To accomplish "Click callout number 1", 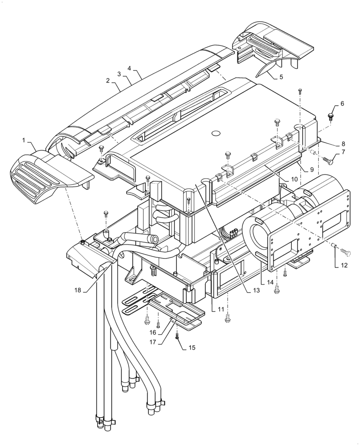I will pyautogui.click(x=24, y=140).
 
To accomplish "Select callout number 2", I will pyautogui.click(x=108, y=81).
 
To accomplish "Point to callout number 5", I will pyautogui.click(x=281, y=77).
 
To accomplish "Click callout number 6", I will pyautogui.click(x=342, y=103).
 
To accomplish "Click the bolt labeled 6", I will pyautogui.click(x=331, y=117).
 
